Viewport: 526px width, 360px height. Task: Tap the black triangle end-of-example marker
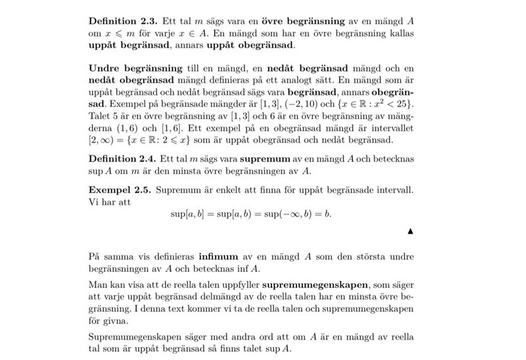point(410,231)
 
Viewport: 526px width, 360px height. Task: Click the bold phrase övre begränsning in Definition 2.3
point(292,20)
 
